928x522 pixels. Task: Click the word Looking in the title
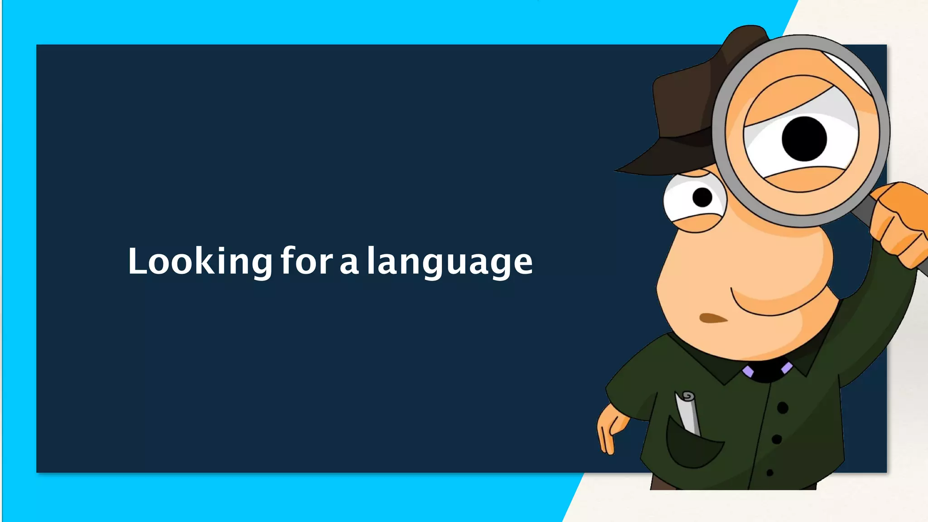coord(200,262)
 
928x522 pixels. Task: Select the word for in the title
coord(307,261)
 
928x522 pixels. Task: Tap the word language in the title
coord(449,262)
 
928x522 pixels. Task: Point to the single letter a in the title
coord(349,265)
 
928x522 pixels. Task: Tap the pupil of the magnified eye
coord(804,139)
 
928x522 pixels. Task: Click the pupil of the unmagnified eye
coord(702,198)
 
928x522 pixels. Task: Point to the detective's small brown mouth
coord(712,318)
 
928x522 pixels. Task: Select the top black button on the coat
coord(783,408)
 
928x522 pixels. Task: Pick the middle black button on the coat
coord(777,439)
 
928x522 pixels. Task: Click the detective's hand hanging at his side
coord(609,430)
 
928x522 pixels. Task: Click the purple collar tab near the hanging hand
coord(748,372)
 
